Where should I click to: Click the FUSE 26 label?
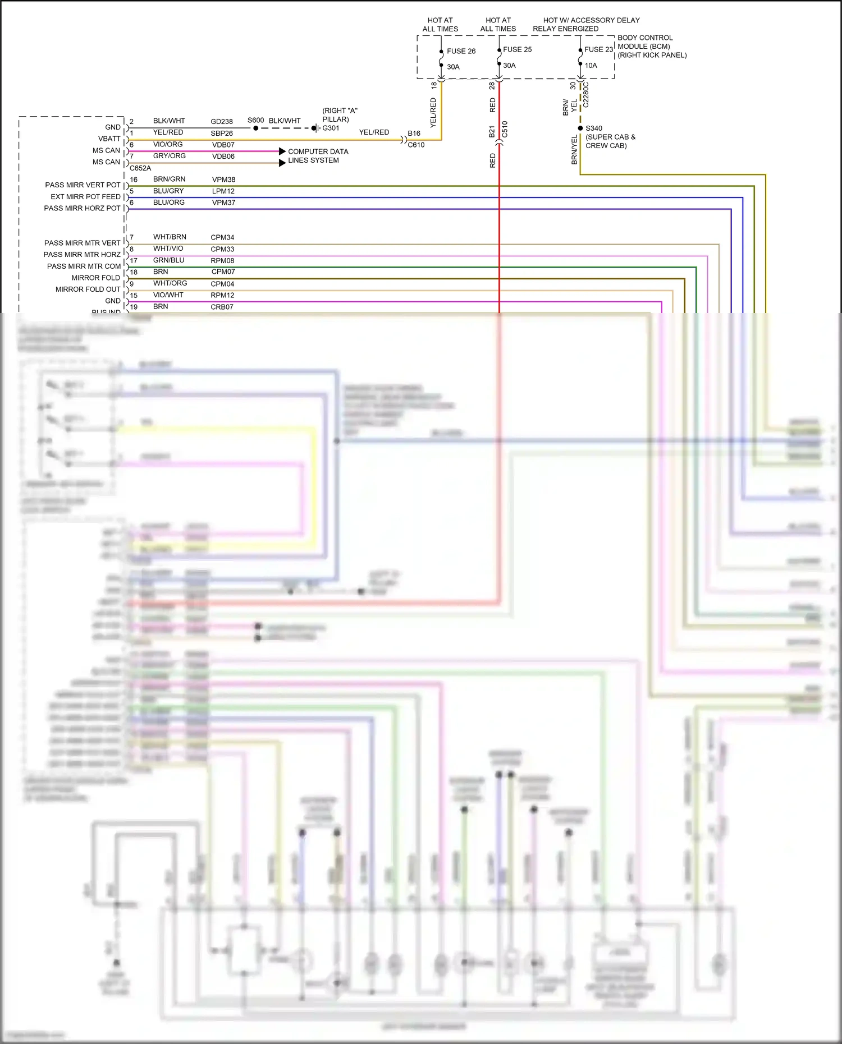(461, 51)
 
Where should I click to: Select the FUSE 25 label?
(517, 49)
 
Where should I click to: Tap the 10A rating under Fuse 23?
(591, 66)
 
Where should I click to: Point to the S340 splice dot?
(580, 128)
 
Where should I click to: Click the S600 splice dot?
(255, 128)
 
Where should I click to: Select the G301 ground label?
(331, 128)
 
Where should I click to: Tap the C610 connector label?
(416, 145)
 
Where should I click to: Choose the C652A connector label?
(140, 168)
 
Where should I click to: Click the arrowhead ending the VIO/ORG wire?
(282, 151)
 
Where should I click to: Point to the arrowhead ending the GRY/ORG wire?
(282, 163)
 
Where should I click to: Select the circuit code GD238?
(222, 121)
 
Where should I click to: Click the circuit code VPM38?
(223, 180)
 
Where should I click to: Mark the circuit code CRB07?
(222, 307)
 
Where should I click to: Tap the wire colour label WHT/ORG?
(170, 283)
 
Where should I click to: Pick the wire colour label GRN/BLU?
(168, 260)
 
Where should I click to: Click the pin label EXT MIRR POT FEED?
(85, 197)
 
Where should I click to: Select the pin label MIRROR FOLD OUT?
(88, 289)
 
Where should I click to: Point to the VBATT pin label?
(109, 139)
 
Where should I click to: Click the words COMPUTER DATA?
(318, 151)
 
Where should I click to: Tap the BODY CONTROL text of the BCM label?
(645, 38)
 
